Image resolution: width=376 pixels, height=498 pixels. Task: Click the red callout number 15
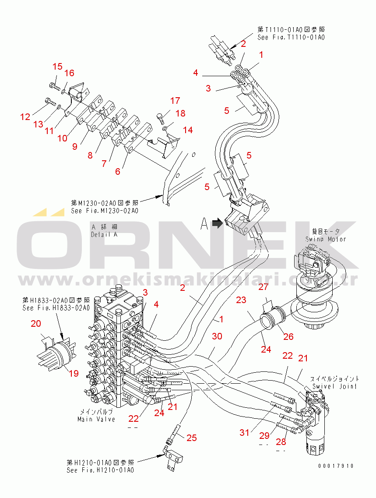click(58, 67)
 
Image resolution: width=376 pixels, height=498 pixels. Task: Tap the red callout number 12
click(25, 117)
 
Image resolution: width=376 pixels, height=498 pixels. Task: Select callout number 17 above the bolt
click(175, 101)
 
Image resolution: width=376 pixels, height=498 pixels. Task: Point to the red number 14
click(188, 130)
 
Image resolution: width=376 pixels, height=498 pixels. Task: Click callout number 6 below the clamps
click(118, 172)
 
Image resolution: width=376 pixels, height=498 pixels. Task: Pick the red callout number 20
click(36, 324)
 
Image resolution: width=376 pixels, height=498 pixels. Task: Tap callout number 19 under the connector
click(74, 374)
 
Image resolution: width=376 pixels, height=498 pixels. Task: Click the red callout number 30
click(217, 336)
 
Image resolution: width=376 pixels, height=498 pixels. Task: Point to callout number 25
click(192, 438)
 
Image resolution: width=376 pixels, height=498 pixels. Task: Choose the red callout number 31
click(244, 432)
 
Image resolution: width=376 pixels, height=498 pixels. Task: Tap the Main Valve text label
click(96, 419)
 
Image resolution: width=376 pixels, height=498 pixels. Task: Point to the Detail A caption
click(104, 234)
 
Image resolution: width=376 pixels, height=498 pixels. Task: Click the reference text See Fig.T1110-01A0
click(291, 37)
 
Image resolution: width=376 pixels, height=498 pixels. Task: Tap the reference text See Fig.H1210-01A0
click(100, 470)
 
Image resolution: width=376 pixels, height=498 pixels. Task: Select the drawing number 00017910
click(336, 466)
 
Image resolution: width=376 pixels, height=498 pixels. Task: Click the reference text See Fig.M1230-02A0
click(105, 210)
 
